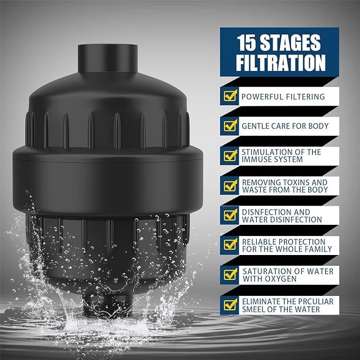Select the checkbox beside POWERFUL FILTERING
point(230,96)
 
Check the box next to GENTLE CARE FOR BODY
point(230,126)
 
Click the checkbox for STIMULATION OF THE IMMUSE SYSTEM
point(230,155)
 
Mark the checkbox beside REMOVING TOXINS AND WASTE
point(230,185)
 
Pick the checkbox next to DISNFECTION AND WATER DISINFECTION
point(230,215)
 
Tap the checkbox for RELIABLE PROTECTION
point(230,244)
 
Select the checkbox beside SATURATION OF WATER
point(230,274)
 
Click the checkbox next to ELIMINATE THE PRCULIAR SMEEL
point(230,304)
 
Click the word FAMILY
point(316,249)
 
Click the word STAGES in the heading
point(294,43)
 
